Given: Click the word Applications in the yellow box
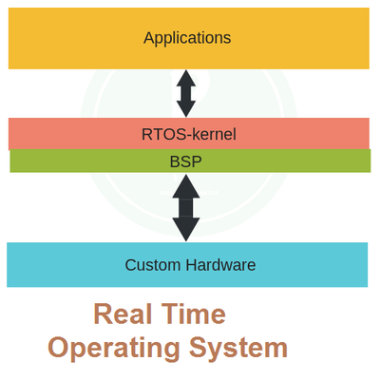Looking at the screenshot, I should [187, 38].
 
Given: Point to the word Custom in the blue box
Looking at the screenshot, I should [149, 265].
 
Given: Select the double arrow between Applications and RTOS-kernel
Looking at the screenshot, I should [186, 93].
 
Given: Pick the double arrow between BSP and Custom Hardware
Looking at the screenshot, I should [186, 207].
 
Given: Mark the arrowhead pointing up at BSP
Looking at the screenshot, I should [186, 183].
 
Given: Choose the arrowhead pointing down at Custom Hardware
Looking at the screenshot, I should [186, 231].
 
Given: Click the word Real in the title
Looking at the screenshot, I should [124, 314].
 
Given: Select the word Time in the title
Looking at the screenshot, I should [195, 314].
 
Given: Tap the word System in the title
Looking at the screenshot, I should [239, 348].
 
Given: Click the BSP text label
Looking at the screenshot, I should [186, 161].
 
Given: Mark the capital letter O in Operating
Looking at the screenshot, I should [60, 347].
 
